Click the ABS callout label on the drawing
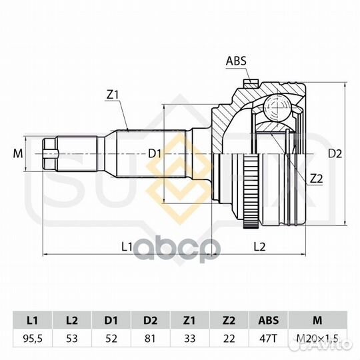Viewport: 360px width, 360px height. tap(236, 61)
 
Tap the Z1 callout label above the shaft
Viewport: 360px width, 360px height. tap(112, 95)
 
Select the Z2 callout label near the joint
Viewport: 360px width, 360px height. tap(316, 179)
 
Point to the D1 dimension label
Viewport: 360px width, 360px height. tap(155, 153)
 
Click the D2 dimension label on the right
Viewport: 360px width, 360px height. tap(335, 153)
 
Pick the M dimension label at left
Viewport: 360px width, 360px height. tap(18, 153)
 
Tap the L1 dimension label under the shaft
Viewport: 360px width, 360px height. tap(127, 247)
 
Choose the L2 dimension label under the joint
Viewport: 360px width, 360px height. tap(259, 247)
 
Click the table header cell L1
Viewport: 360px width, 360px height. tap(33, 320)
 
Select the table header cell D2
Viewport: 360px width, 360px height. tap(150, 320)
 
